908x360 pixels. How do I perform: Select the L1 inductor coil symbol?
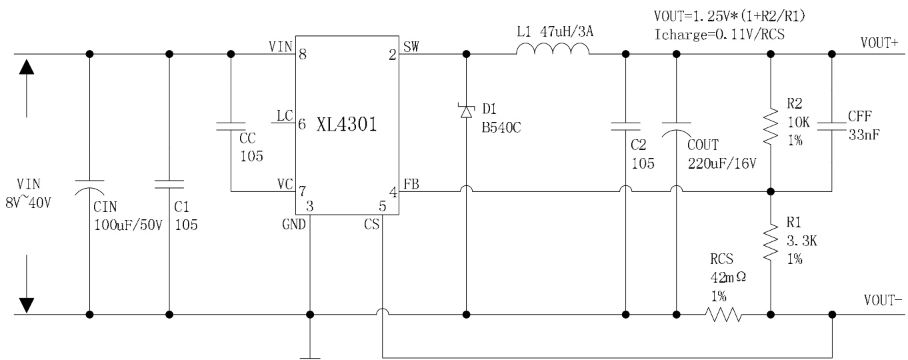(x=553, y=49)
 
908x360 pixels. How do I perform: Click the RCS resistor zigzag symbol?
(x=724, y=313)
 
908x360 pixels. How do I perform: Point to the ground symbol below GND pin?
(x=310, y=355)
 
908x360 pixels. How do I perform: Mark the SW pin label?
(x=411, y=45)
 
